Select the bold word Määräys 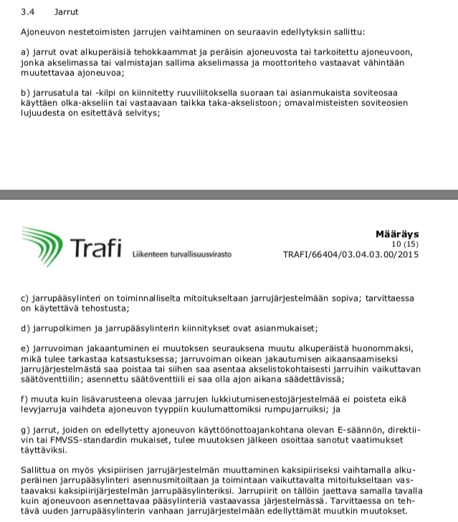coord(397,233)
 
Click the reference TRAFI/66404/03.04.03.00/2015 coord(350,253)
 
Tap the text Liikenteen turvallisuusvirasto coord(181,254)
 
